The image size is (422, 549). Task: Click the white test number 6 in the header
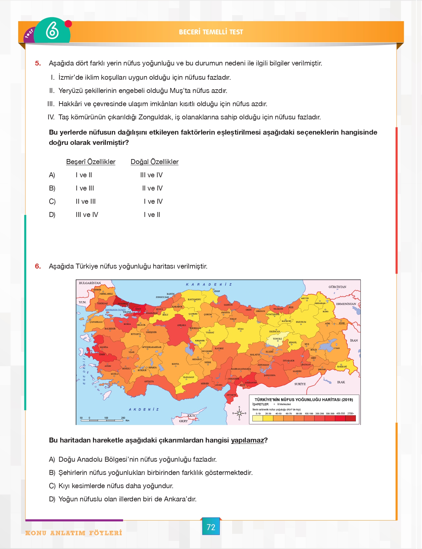tap(52, 31)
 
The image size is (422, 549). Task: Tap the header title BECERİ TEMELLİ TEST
tap(211, 32)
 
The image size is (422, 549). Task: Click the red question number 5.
tap(38, 63)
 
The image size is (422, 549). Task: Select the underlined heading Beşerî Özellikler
tap(91, 162)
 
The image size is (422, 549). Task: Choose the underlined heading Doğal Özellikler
tap(154, 162)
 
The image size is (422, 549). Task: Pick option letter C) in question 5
tap(52, 201)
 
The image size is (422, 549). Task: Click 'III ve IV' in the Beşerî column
tap(87, 215)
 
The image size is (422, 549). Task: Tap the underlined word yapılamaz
tap(247, 440)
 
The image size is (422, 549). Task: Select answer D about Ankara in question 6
tap(127, 499)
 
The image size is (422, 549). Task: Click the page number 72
tap(211, 527)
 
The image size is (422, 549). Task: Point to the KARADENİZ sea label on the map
tap(209, 284)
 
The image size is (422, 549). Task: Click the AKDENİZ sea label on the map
tap(144, 409)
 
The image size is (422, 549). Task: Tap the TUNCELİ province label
tap(277, 339)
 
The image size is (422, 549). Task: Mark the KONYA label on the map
tap(175, 364)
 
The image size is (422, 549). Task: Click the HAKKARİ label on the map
tap(342, 366)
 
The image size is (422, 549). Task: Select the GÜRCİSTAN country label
tap(337, 287)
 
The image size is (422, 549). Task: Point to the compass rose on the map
tap(239, 413)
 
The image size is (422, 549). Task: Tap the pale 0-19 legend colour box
tap(258, 418)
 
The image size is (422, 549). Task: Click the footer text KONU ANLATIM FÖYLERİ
tap(74, 533)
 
